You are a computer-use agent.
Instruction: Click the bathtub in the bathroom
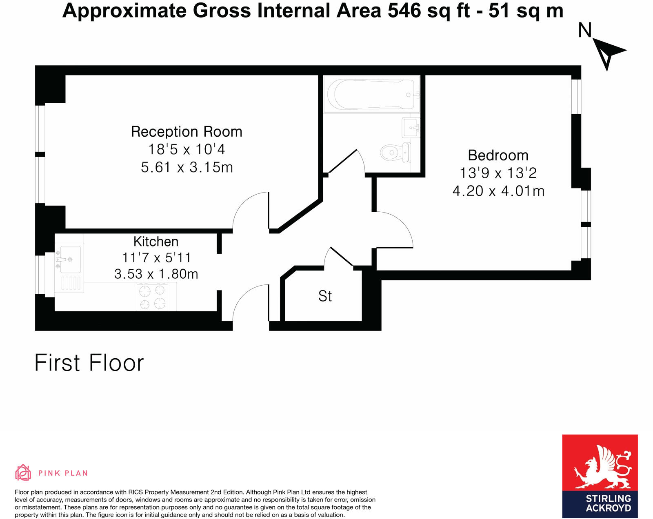coord(371,94)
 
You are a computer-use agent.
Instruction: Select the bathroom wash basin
coord(411,128)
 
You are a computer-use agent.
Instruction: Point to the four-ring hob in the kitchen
coord(152,297)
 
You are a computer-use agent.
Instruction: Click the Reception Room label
coord(187,132)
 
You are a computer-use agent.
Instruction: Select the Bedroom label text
coord(498,155)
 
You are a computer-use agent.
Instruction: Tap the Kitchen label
coord(156,242)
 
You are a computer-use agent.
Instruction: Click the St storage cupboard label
coord(325,296)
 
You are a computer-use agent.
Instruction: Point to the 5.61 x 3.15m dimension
coord(187,167)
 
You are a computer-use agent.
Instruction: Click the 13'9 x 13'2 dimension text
coord(498,173)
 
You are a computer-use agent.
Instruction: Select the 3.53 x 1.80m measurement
coord(156,274)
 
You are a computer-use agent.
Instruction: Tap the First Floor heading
coord(89,363)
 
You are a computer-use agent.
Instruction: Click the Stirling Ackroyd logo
coord(600,476)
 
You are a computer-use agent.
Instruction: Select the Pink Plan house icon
coord(23,472)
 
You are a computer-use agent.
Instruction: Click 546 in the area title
coord(404,11)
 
